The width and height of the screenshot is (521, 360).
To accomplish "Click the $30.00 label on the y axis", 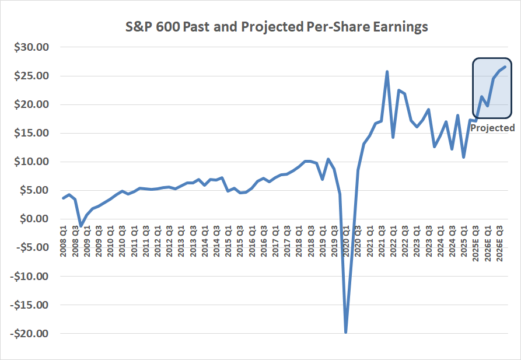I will coord(33,47).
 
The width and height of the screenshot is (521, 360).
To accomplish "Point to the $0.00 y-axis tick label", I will coord(36,219).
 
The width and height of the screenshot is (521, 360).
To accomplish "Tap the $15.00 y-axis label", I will coord(33,133).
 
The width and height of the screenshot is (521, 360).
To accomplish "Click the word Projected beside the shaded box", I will coord(492,128).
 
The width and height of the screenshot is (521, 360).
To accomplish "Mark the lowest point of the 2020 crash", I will coord(346,332).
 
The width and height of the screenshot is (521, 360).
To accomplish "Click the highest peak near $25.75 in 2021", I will coord(387,72).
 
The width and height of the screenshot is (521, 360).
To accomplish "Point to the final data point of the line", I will coord(505,67).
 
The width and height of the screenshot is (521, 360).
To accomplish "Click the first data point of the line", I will coord(63,198).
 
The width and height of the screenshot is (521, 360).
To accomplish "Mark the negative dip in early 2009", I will coord(81,226).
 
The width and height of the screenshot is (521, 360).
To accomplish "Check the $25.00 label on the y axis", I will coord(33,76).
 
